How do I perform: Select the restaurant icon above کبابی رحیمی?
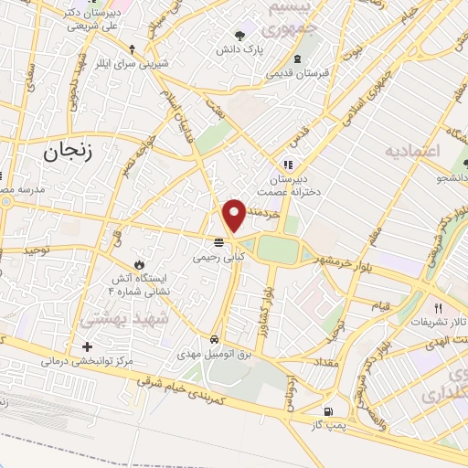click(x=218, y=243)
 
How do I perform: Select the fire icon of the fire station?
click(x=139, y=263)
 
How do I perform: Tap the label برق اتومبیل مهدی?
click(x=215, y=351)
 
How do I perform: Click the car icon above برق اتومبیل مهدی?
click(x=215, y=335)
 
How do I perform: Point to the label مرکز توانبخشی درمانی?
click(x=87, y=361)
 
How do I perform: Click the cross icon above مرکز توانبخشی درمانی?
click(x=87, y=346)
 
